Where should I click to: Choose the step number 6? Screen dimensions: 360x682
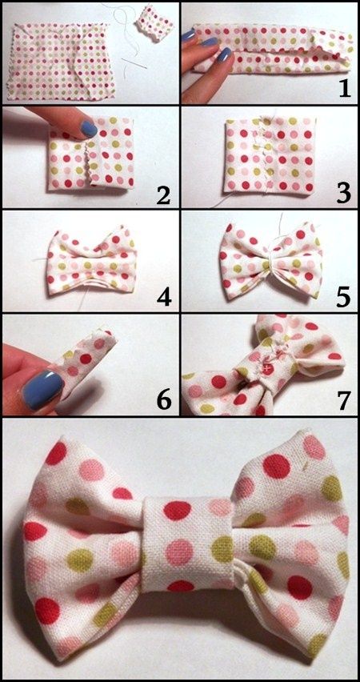(162, 400)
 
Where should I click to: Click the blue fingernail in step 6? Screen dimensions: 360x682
(43, 389)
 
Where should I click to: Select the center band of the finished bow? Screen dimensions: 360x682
(188, 544)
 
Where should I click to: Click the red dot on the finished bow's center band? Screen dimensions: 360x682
(178, 510)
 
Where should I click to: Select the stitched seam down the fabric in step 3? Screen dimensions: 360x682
(263, 154)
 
